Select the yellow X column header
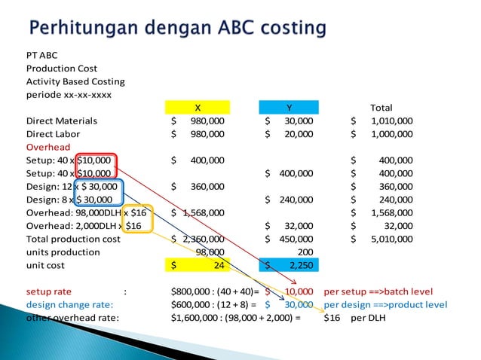pos(198,107)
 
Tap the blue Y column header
pos(289,107)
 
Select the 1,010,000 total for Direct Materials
pos(391,121)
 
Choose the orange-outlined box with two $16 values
pos(139,219)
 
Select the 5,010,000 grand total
pos(391,239)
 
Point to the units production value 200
pos(305,252)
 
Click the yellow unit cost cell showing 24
pos(198,265)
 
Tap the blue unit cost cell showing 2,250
pos(289,265)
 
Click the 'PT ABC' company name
pos(41,55)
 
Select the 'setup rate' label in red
pos(49,291)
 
